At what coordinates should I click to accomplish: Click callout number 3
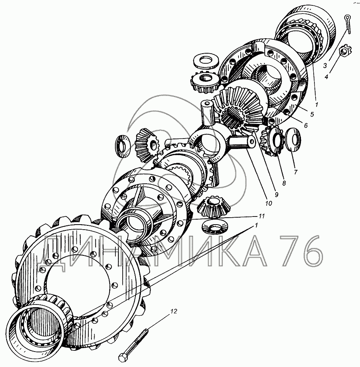point(325,66)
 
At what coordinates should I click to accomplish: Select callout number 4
point(326,76)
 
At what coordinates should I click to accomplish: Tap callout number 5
point(312,115)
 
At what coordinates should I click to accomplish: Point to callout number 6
point(306,125)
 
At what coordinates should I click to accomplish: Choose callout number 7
point(296,172)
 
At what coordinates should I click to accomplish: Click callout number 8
point(284,183)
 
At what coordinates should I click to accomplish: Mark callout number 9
point(276,194)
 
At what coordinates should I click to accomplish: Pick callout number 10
point(269,203)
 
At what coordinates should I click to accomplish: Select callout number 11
point(261,216)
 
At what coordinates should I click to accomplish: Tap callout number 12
point(174,311)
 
